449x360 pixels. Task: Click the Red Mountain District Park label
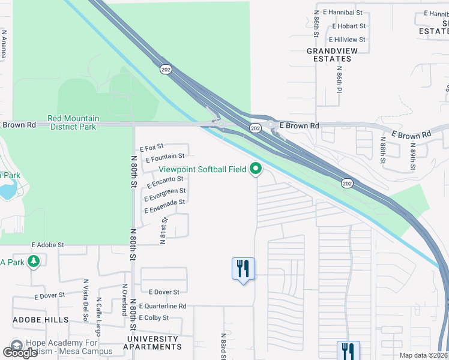click(74, 122)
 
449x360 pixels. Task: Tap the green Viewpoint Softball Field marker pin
click(256, 169)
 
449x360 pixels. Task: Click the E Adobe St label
click(47, 245)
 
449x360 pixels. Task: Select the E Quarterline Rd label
click(163, 306)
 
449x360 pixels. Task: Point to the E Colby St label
click(153, 317)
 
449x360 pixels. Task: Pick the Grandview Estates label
click(329, 55)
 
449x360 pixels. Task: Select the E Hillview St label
click(346, 40)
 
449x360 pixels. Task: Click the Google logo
click(20, 353)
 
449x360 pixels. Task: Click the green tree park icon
click(34, 262)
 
